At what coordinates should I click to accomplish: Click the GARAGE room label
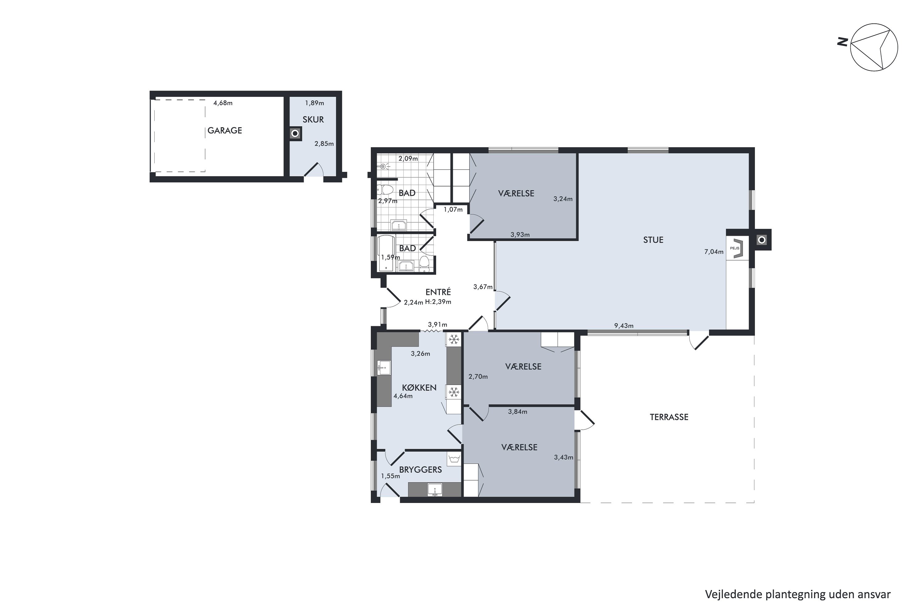point(225,130)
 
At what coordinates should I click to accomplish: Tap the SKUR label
point(313,120)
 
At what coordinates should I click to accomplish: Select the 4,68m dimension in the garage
point(223,103)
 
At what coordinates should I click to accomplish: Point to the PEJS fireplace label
point(735,248)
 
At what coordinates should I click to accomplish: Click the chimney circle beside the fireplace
point(762,240)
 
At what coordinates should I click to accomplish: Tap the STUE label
point(653,240)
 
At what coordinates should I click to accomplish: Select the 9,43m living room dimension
point(624,326)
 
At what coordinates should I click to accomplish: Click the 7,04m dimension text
point(714,252)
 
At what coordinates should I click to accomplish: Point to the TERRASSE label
point(669,417)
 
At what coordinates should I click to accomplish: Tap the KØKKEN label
point(419,388)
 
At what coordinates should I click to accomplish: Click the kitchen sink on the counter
point(384,368)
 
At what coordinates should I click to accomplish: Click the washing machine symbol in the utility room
point(454,459)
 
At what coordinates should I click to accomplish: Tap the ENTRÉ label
point(438,292)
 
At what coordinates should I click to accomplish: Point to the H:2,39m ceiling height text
point(438,302)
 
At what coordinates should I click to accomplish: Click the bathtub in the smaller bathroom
point(386,253)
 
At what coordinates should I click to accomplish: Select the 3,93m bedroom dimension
point(520,235)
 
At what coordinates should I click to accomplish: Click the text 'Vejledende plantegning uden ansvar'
point(797,594)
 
